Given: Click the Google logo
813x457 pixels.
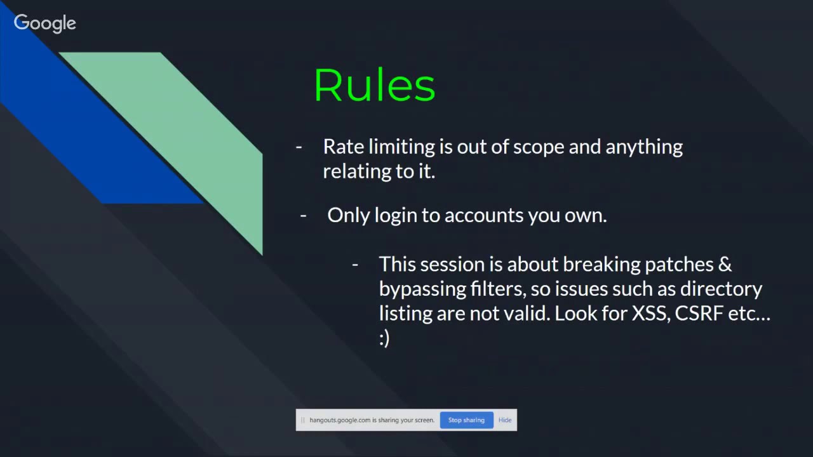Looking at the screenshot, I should tap(44, 23).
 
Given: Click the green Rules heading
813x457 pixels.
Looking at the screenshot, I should tap(375, 86).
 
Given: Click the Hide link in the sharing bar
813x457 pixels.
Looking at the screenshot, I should tap(505, 420).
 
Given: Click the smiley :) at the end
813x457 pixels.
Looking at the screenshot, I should tap(384, 338).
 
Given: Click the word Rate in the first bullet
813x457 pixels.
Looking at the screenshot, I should tap(344, 147).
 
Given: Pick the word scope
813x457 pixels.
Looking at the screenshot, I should tap(539, 147).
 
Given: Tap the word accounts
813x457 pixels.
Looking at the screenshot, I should tap(484, 216).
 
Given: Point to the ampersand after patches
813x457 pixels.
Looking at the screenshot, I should tap(725, 265).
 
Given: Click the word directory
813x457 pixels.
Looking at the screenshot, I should tap(721, 289).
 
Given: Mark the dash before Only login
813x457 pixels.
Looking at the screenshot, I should tap(303, 216).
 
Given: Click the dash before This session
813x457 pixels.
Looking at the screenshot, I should tap(355, 265).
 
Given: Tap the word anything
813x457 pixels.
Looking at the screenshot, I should tap(643, 147).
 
